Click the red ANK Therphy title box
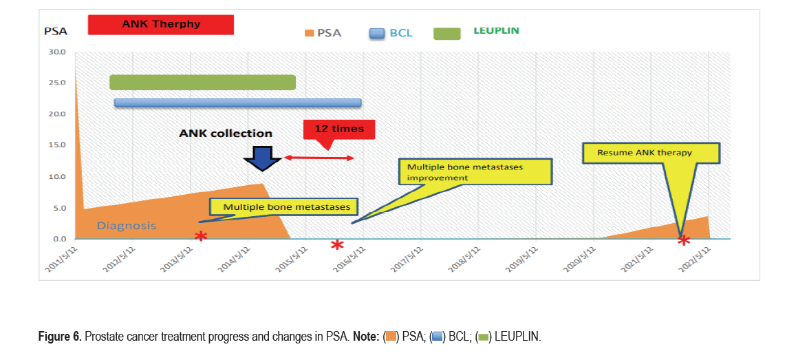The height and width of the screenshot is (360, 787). coord(161,25)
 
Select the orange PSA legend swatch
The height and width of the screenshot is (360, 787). coord(310,33)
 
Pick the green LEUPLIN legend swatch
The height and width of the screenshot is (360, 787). coord(447,33)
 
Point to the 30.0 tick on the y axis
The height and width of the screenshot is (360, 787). coord(57,52)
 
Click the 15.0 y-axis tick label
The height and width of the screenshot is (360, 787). coord(57,145)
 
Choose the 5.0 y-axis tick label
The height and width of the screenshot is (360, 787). coord(59,208)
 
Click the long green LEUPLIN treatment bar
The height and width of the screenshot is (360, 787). coord(202,83)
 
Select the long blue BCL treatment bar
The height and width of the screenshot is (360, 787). coord(237,103)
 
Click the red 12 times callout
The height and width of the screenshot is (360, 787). coord(338,130)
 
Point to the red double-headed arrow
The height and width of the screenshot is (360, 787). coord(319,158)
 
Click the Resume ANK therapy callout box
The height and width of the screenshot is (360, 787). coord(651,153)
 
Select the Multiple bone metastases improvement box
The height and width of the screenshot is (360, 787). coord(475,172)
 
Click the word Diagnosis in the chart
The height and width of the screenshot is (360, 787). coord(127,225)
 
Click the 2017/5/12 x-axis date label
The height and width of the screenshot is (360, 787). coord(407,260)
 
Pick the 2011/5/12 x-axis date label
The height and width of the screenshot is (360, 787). coord(61,260)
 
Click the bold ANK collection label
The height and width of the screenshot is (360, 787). coord(226,134)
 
